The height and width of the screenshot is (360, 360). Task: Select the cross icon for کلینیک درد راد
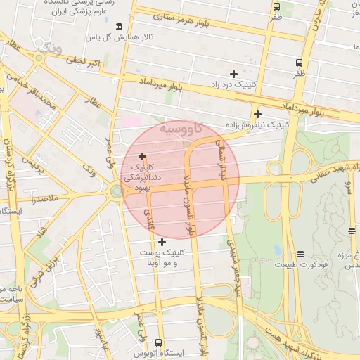233,74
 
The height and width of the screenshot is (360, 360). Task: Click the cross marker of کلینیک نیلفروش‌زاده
258,114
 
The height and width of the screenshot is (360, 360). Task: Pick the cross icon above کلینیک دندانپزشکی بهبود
143,156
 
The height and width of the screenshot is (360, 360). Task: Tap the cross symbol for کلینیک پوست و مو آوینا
162,242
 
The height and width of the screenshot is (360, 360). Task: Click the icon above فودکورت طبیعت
300,254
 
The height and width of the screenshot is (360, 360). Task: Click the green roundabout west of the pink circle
115,191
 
